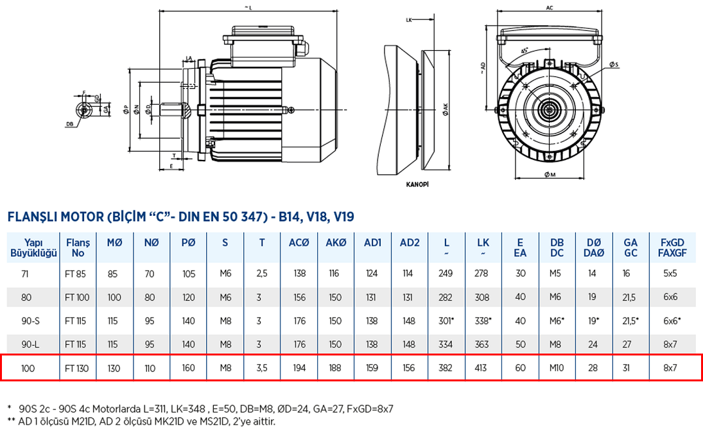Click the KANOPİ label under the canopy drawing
(417, 184)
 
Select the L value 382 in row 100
(446, 368)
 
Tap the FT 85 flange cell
(77, 274)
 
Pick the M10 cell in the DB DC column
(557, 368)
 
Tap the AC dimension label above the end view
(550, 8)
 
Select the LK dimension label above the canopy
(410, 21)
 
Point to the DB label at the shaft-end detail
(69, 124)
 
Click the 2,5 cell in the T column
(262, 274)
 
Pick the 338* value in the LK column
(483, 321)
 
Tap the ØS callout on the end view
(614, 65)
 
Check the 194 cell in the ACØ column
(299, 368)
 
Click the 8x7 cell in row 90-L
(670, 344)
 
